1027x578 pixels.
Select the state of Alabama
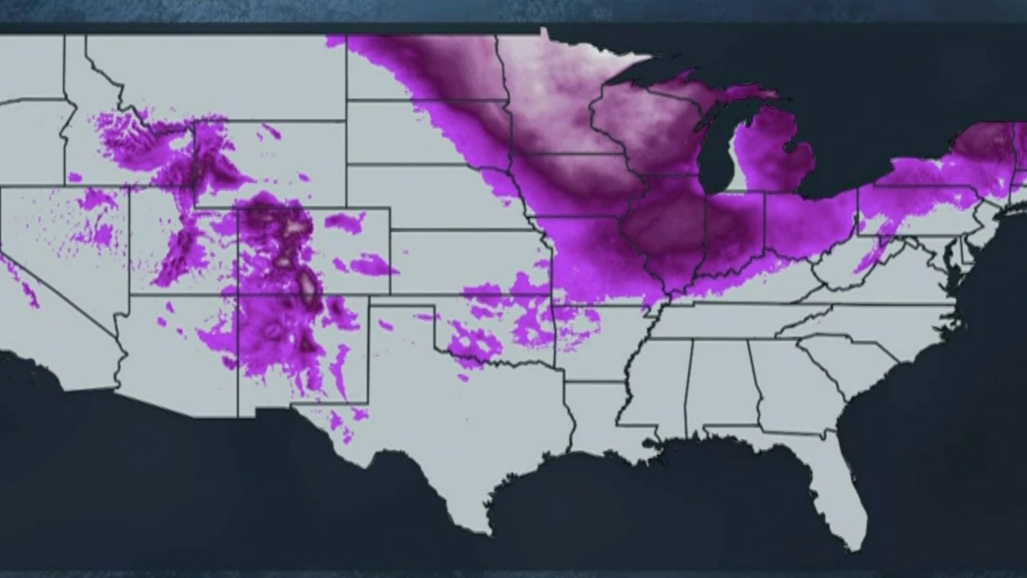721,385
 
